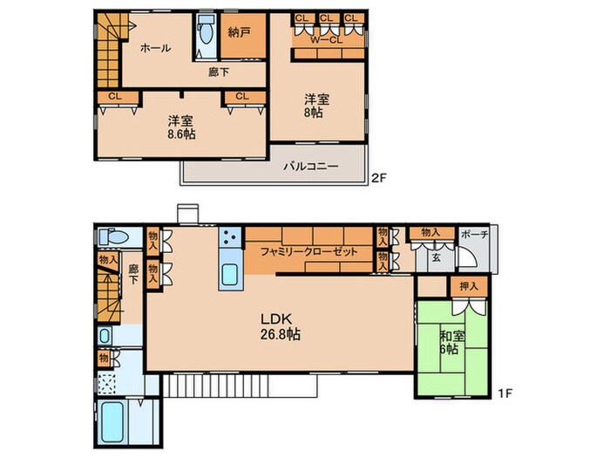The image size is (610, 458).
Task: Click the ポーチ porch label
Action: (475, 234)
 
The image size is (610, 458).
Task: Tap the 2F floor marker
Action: (378, 178)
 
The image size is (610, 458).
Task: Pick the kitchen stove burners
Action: (230, 236)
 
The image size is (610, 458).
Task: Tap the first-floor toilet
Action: (112, 236)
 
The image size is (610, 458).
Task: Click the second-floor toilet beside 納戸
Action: (207, 33)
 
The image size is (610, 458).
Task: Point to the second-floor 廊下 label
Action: (219, 73)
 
